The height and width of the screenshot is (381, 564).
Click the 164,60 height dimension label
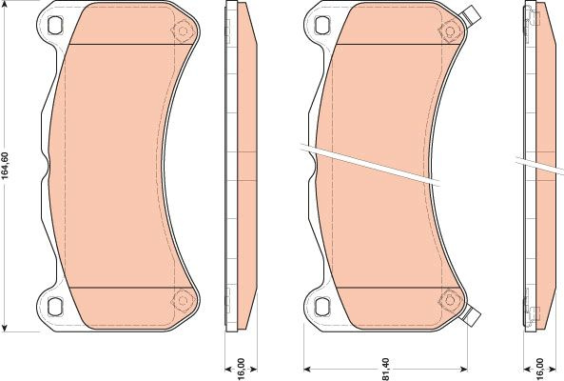pos(5,166)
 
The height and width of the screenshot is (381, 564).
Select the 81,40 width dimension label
pos(385,370)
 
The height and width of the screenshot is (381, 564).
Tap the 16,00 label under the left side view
pos(241,369)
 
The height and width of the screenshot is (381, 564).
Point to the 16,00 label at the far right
pos(539,369)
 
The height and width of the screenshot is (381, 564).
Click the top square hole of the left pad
pos(55,25)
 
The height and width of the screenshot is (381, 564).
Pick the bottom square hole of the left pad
pos(55,306)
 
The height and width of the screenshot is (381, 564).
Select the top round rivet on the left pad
pos(183,31)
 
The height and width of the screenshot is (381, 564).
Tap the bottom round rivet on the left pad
pos(183,300)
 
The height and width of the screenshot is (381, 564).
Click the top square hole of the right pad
pos(321,25)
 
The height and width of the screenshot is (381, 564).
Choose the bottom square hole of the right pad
pos(321,306)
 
